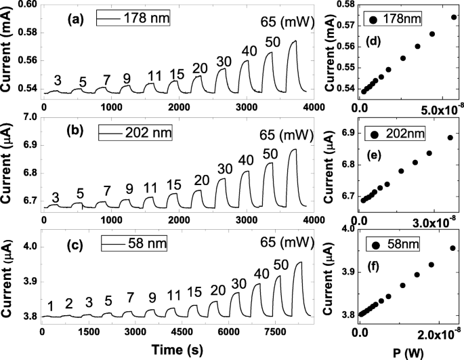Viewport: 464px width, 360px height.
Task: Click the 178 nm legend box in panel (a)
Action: (133, 19)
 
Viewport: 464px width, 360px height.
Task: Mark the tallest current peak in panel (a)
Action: (294, 41)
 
